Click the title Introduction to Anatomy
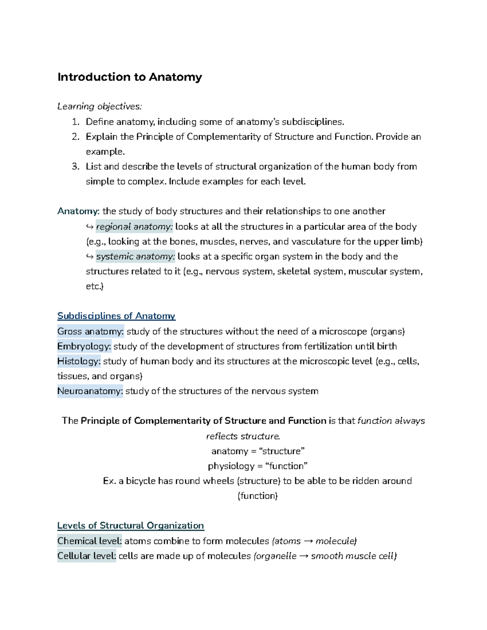coord(129,77)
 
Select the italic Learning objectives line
coord(99,106)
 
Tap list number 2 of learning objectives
coord(75,137)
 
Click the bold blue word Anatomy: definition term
coord(78,211)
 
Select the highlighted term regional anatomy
coord(134,227)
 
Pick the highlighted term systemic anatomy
coord(136,256)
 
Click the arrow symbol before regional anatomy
coord(90,227)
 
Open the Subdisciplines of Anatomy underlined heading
coord(116,316)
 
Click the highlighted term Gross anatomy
coord(90,331)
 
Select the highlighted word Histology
coord(79,361)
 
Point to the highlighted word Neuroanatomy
coord(90,391)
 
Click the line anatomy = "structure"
coord(258,451)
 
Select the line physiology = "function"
coord(258,466)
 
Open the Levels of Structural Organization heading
coord(130,526)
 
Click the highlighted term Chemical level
coord(89,541)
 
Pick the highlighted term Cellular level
coord(86,556)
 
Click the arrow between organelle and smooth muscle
coord(304,556)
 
